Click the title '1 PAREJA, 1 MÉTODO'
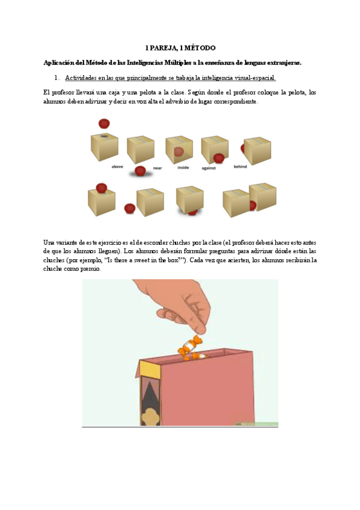pos(180,48)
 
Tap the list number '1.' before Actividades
pos(57,78)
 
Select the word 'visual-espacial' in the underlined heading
pos(253,78)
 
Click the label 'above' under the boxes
pos(117,167)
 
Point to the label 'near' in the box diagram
pos(157,168)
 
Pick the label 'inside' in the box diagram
pos(183,167)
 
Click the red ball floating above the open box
pos(104,124)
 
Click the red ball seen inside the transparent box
pos(178,152)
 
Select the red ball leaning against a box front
pos(219,158)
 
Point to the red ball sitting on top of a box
pos(102,188)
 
